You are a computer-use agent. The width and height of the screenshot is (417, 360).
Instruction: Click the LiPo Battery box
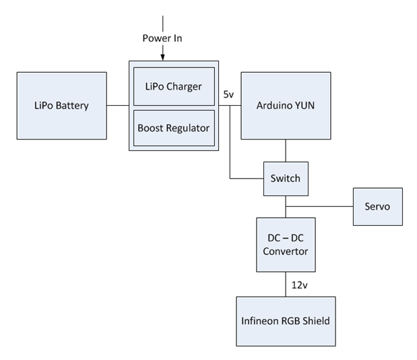click(x=61, y=105)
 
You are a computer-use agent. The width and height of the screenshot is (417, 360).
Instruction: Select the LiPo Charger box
click(x=174, y=86)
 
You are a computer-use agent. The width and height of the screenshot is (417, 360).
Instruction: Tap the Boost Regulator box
click(x=174, y=127)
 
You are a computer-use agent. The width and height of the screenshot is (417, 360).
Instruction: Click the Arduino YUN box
click(x=286, y=105)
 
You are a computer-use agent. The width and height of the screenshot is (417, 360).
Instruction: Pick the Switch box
click(x=285, y=179)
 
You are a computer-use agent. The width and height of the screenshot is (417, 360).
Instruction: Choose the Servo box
click(x=377, y=206)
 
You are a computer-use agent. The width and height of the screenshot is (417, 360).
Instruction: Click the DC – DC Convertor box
click(x=285, y=245)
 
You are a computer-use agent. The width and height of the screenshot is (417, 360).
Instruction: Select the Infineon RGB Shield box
click(x=285, y=320)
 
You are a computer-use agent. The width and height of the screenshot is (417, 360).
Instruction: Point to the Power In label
click(x=162, y=38)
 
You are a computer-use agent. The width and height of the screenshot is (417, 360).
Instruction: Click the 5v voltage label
click(x=228, y=95)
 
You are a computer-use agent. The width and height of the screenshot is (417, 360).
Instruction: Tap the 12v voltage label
click(x=299, y=284)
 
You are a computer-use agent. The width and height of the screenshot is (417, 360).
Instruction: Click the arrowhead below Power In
click(x=162, y=56)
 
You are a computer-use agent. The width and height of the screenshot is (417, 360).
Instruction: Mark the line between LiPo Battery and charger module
click(x=117, y=105)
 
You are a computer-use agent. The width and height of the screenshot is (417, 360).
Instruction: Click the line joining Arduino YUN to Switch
click(x=286, y=150)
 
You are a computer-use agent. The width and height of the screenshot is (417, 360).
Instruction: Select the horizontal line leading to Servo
click(x=320, y=206)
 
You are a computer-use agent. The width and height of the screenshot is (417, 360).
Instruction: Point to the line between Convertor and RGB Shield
click(x=286, y=284)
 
